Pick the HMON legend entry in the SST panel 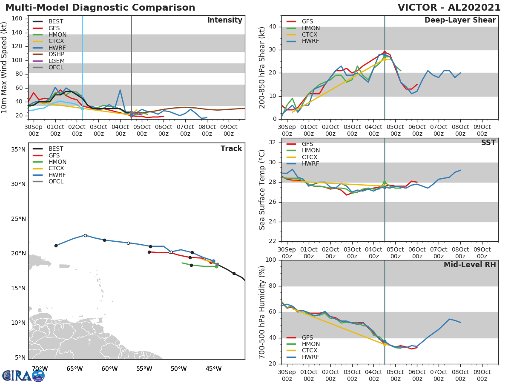coord(310,151)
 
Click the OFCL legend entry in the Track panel coord(55,182)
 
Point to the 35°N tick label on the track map coord(18,149)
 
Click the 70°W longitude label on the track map coord(40,369)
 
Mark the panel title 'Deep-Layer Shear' coord(460,20)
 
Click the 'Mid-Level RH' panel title coord(470,265)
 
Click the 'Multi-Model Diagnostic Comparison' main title coord(100,8)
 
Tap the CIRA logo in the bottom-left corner coord(23,375)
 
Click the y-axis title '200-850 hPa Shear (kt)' coord(263,67)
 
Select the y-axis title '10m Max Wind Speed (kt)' coord(5,67)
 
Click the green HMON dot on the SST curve coord(385,183)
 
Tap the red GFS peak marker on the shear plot coord(385,53)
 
